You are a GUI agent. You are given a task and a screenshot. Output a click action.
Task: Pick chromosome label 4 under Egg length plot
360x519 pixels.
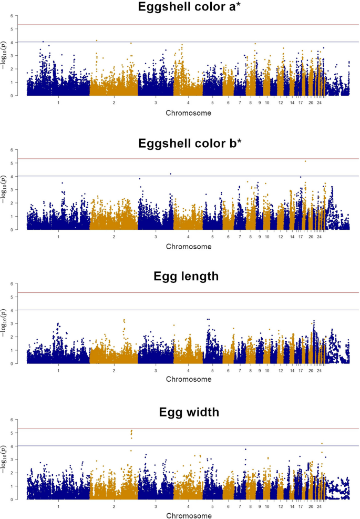188,371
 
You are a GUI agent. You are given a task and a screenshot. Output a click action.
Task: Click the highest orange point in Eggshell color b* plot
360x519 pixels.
305,161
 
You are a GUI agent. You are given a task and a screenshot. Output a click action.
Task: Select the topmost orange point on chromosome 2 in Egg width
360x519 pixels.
131,431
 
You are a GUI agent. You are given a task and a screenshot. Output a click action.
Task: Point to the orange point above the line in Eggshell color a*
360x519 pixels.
97,40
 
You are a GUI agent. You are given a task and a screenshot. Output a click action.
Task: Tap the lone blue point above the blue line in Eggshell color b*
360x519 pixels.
170,174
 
